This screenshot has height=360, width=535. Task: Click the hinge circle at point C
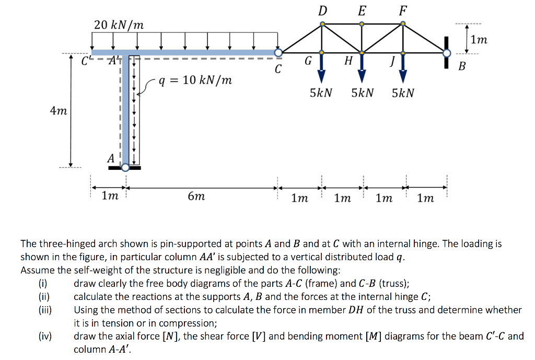click(x=278, y=53)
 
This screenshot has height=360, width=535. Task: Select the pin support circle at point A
click(x=125, y=167)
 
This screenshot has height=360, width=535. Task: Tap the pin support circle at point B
click(x=447, y=53)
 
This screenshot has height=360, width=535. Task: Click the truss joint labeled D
click(x=322, y=24)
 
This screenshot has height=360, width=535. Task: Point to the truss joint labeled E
click(x=362, y=24)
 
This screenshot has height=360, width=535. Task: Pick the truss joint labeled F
click(x=403, y=24)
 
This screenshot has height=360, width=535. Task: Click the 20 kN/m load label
click(x=119, y=25)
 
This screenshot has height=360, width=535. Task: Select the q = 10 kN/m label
click(x=195, y=80)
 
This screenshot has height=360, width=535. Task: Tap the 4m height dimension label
click(x=59, y=111)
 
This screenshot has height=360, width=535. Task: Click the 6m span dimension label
click(x=196, y=196)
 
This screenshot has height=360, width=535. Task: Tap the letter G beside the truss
click(x=308, y=61)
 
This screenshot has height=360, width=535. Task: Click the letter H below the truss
click(x=348, y=61)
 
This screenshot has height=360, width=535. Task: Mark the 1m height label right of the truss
click(x=479, y=40)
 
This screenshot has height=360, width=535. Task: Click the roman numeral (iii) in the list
click(x=45, y=310)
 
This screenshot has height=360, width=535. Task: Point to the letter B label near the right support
click(x=462, y=66)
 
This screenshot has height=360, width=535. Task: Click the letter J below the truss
click(x=393, y=61)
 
